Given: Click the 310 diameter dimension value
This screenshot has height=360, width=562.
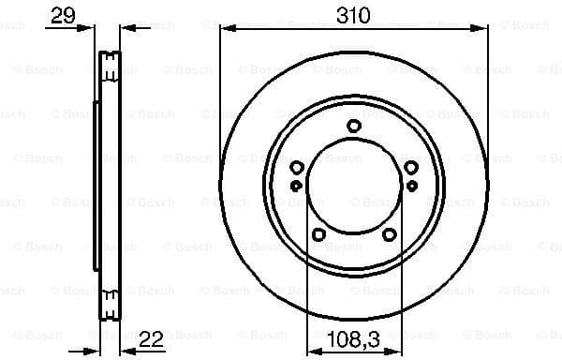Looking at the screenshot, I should coord(353,15).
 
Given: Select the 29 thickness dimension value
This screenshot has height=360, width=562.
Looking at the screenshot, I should coord(64,15).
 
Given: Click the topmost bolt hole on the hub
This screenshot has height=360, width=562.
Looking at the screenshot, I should coord(353,126).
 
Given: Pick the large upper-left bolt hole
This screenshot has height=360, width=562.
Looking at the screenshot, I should coord(297,168).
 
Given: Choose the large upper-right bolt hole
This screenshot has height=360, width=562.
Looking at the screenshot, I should coord(410,168).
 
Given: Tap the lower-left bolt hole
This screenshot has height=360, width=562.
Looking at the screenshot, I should coord(318,234).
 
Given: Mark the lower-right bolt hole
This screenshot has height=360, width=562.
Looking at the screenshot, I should coord(389,234).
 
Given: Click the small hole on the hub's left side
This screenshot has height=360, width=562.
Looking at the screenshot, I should coord(296,186).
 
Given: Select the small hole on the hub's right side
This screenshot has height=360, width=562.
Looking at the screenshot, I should coord(410,186).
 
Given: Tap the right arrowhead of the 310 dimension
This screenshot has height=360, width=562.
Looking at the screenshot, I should coord(483,29).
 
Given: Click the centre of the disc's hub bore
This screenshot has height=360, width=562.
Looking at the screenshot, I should coord(353,188).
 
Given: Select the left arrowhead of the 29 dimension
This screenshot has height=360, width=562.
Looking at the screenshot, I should coord(94,29).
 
